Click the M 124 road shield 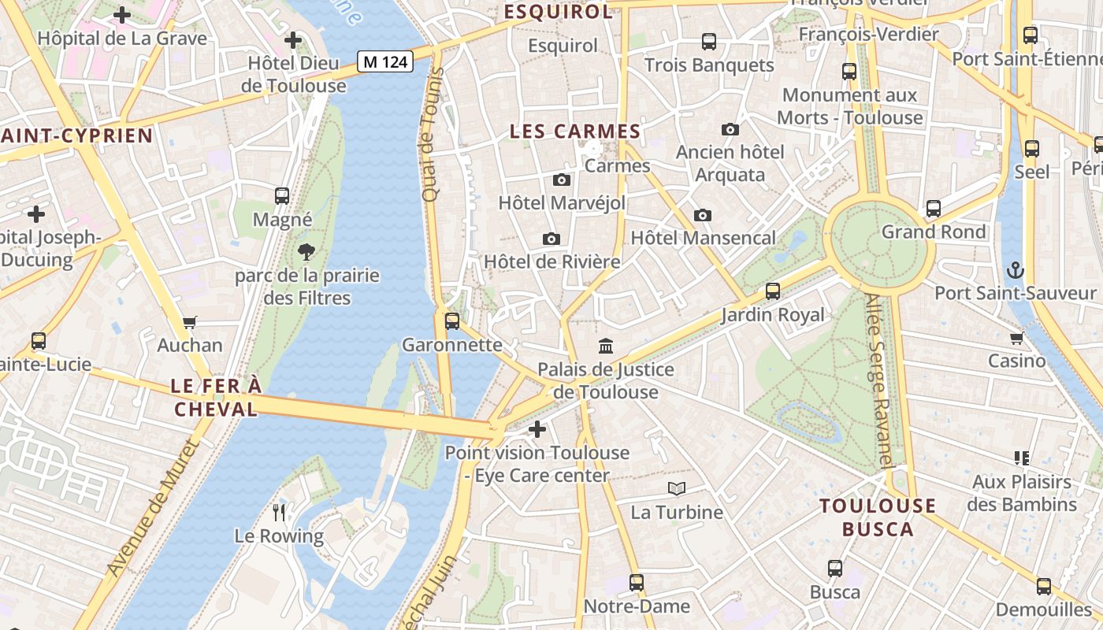click(385, 61)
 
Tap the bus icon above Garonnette click(452, 321)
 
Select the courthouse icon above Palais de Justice click(606, 346)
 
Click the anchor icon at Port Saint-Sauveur click(1016, 270)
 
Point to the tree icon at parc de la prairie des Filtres click(306, 252)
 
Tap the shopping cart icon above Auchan click(189, 322)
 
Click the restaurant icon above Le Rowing click(279, 513)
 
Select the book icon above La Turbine click(676, 489)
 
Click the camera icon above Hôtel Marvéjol click(562, 180)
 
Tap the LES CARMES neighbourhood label click(574, 132)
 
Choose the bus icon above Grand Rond click(934, 209)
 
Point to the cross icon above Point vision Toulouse click(537, 429)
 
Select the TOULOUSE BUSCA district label click(878, 517)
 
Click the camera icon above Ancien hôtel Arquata click(730, 129)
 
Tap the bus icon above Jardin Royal click(773, 291)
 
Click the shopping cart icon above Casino click(1016, 339)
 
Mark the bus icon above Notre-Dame click(637, 583)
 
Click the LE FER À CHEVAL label click(216, 398)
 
